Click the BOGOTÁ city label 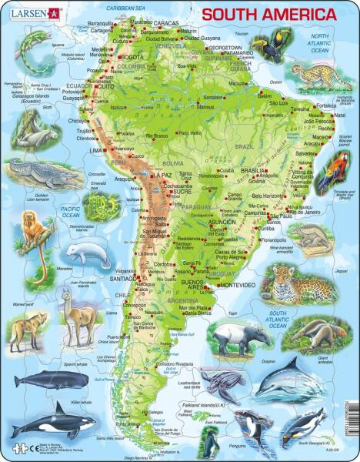coord(132,57)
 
